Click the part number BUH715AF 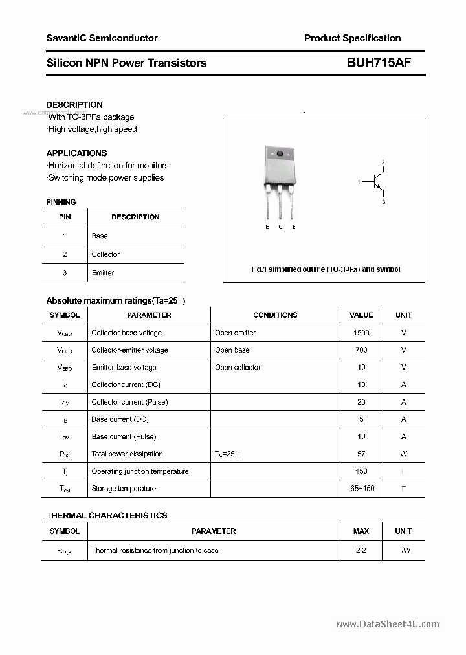point(379,63)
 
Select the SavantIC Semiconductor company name point(102,38)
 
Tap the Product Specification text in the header point(352,38)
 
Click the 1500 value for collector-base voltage point(361,333)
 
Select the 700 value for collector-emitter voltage point(361,350)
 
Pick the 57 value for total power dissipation point(361,454)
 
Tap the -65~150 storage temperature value point(361,489)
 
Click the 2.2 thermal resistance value point(361,550)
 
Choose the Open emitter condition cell point(235,333)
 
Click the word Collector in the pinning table point(105,254)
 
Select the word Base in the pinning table point(100,236)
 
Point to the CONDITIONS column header point(275,315)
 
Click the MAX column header point(361,531)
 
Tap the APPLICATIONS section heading point(76,153)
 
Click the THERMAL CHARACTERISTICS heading point(107,516)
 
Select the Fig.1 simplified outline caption point(325,269)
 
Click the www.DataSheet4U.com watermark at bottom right point(388,624)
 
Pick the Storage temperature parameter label point(124,489)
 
